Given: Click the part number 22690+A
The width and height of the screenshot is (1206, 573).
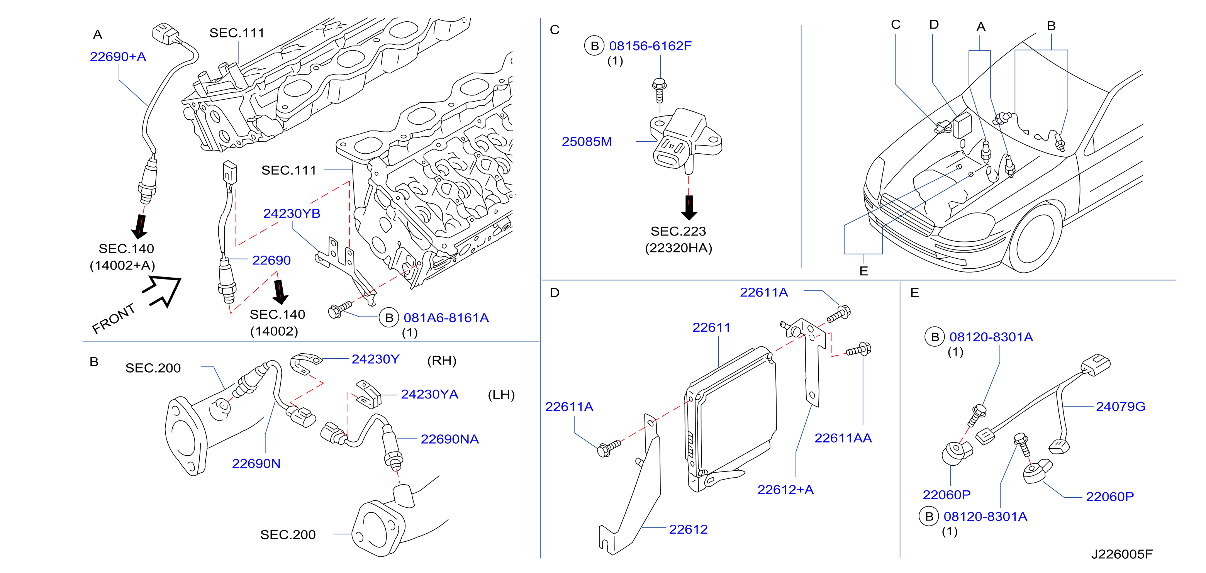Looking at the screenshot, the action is click(118, 57).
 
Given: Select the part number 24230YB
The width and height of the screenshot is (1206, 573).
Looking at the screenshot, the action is click(292, 214).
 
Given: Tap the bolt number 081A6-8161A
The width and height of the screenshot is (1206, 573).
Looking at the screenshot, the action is click(446, 318).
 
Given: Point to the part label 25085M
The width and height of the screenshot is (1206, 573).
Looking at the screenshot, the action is click(587, 141).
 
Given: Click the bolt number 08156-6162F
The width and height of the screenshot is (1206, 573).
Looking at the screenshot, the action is click(650, 46).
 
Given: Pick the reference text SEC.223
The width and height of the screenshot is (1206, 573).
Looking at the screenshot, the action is click(678, 231).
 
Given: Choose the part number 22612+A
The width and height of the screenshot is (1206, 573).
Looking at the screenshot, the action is click(785, 490).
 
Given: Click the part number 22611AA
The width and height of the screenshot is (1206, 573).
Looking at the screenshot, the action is click(843, 438).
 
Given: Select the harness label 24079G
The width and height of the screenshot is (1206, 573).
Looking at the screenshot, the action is click(1121, 406).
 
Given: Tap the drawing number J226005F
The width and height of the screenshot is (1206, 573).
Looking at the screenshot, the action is click(1122, 554).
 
